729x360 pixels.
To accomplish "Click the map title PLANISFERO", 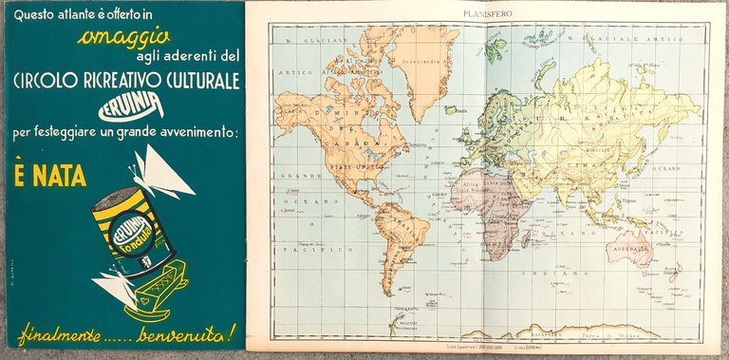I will (x=489, y=14).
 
